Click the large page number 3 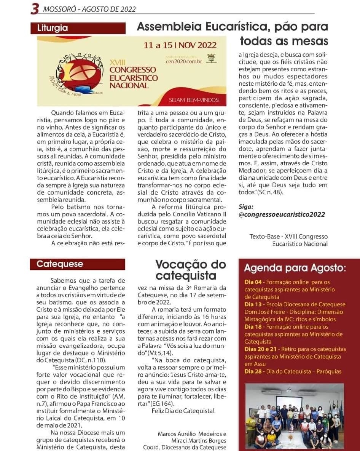point(35,9)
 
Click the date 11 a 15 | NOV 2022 point(180,45)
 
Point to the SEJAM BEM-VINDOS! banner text point(194,100)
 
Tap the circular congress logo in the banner point(76,73)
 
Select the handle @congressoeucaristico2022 point(282,214)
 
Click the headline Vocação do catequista point(190,269)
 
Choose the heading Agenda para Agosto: point(295,268)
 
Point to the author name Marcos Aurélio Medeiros point(192,433)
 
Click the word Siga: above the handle point(246,206)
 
